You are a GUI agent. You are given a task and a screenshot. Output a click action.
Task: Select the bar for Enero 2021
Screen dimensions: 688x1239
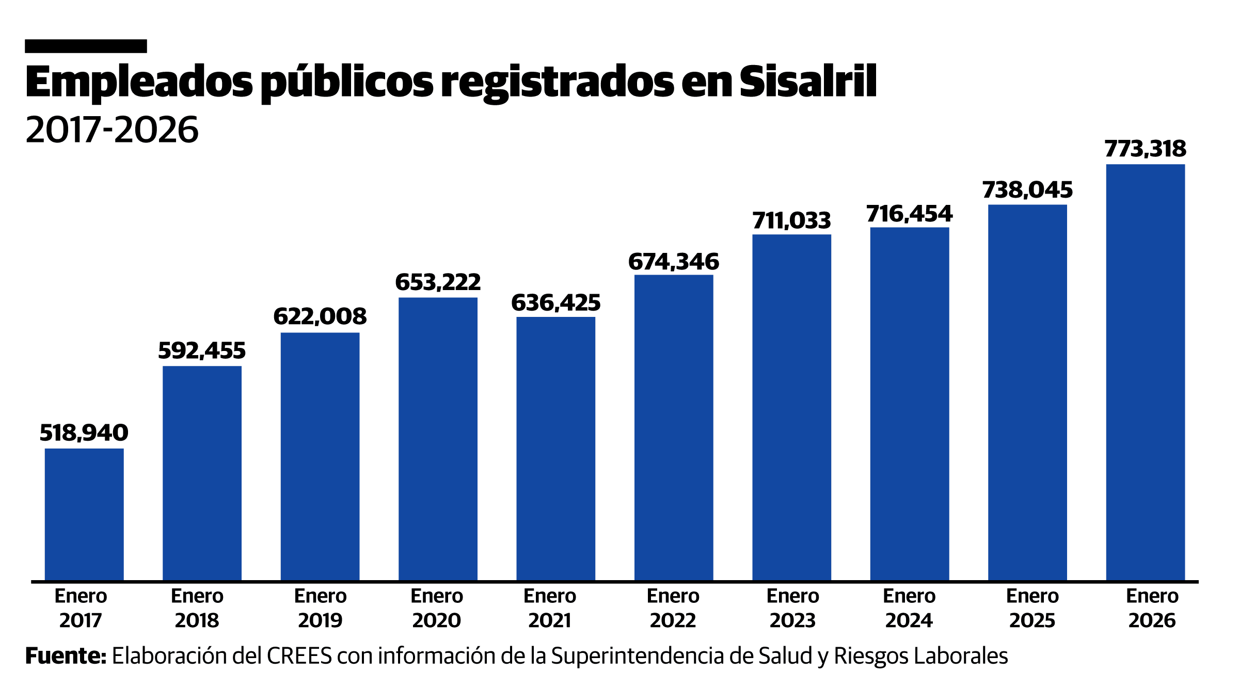[555, 449]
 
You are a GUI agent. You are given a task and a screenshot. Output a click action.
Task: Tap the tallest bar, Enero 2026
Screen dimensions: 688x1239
[1145, 372]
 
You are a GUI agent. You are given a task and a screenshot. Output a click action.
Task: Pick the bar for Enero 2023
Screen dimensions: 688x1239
[791, 407]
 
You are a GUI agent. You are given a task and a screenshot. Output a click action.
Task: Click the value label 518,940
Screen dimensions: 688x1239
[84, 433]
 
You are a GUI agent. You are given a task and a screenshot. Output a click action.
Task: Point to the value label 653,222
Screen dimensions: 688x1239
[438, 282]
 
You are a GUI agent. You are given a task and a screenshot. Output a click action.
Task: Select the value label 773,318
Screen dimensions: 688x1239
[1145, 149]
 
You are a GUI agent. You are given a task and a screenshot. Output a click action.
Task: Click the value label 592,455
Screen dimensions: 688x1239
[202, 351]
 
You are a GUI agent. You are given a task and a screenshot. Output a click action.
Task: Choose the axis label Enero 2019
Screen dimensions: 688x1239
[320, 608]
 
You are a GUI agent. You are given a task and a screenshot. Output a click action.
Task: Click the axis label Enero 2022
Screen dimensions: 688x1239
[673, 608]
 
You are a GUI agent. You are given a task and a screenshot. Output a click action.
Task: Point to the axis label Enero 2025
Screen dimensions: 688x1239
[1032, 608]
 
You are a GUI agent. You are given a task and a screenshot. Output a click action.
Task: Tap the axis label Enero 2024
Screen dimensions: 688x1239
[909, 608]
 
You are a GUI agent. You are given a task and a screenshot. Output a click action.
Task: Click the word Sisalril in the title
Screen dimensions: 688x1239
[808, 82]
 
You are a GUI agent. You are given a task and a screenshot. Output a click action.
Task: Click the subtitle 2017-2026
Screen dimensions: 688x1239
[112, 130]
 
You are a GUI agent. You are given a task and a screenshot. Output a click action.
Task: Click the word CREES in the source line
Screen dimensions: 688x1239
[299, 656]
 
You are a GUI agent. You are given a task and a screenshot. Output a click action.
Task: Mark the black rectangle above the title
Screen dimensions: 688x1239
[86, 46]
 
